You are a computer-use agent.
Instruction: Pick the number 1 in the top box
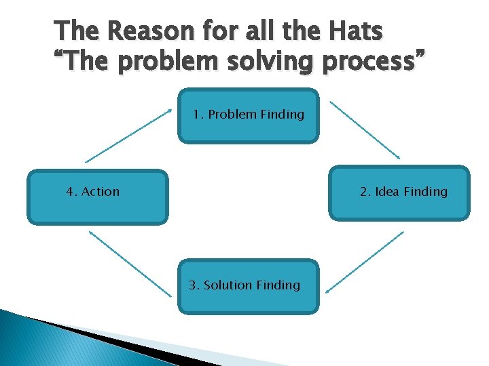[x=196, y=115]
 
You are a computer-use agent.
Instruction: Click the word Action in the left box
[x=101, y=192]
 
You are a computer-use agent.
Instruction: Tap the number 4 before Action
[x=71, y=192]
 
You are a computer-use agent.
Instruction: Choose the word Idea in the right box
[x=386, y=192]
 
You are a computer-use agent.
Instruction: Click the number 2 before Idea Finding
[x=364, y=192]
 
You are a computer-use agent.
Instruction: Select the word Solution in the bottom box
[x=228, y=285]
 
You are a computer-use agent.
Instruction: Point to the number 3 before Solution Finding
[x=193, y=285]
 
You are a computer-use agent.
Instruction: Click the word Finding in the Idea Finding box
[x=426, y=192]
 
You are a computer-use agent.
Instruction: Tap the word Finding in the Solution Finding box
[x=278, y=285]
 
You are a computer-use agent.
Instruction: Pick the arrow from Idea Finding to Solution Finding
[x=365, y=262]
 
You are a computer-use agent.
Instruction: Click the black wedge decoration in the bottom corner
[x=102, y=342]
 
